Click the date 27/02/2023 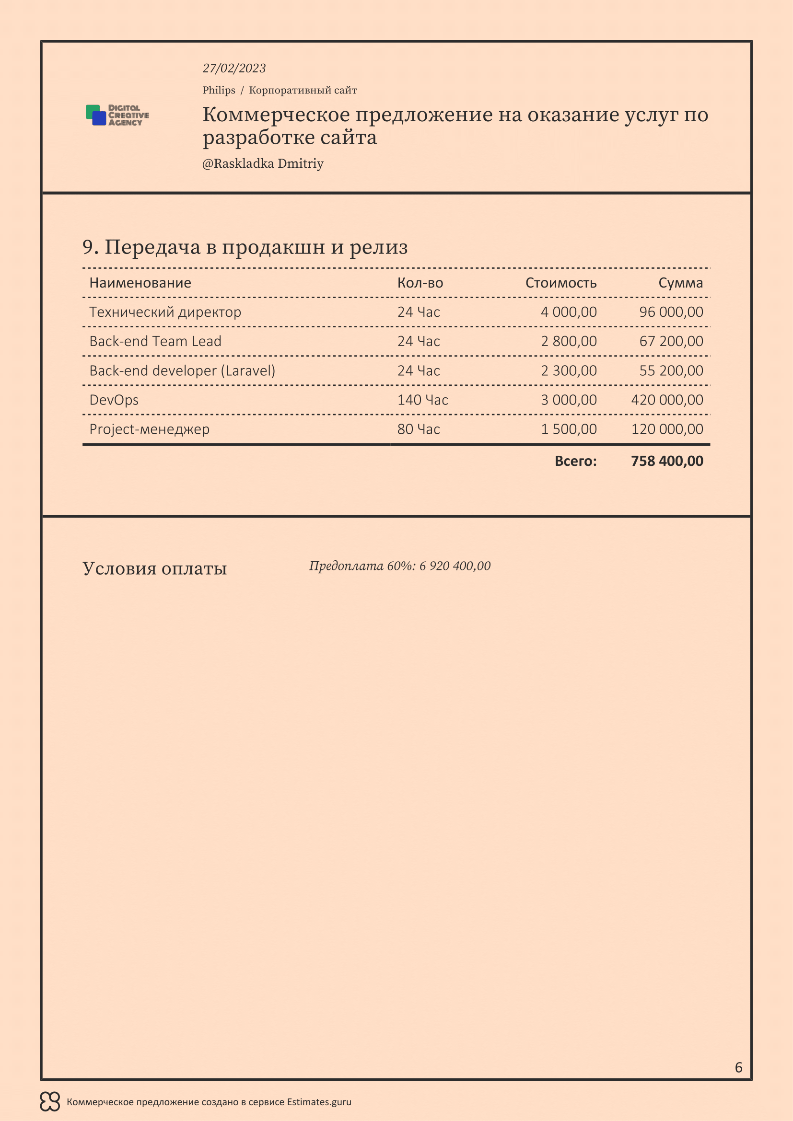click(x=234, y=69)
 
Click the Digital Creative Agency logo click(x=117, y=115)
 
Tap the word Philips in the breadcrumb click(x=219, y=90)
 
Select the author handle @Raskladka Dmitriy click(x=263, y=163)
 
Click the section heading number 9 click(x=90, y=247)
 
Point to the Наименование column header click(x=140, y=283)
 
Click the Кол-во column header click(x=420, y=283)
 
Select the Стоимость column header click(x=560, y=283)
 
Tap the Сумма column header click(x=680, y=283)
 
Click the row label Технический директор click(x=165, y=312)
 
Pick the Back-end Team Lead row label click(x=155, y=341)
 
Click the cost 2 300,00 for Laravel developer click(x=569, y=370)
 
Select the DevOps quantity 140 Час click(x=422, y=400)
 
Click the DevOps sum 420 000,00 click(x=667, y=400)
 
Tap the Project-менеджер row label click(x=150, y=429)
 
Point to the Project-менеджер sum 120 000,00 click(x=667, y=429)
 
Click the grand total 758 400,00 click(x=667, y=461)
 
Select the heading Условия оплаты click(x=155, y=568)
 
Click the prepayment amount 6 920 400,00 click(x=455, y=566)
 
